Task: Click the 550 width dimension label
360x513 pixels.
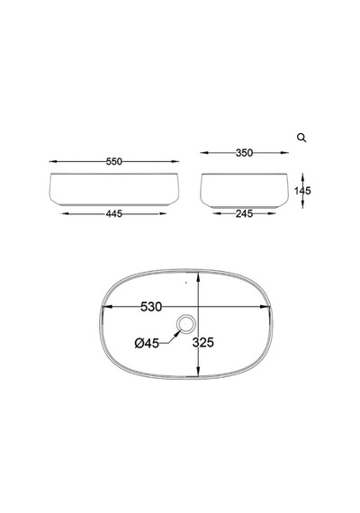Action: (x=114, y=162)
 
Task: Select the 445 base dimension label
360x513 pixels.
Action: (x=114, y=213)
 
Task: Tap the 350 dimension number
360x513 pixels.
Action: (x=244, y=153)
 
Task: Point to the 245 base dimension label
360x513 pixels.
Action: (x=244, y=213)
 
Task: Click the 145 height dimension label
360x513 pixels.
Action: (x=302, y=191)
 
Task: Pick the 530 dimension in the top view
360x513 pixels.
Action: (x=151, y=307)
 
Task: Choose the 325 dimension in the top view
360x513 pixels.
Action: (x=202, y=342)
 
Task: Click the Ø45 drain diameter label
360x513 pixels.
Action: (x=147, y=343)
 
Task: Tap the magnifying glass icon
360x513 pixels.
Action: (x=301, y=138)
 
